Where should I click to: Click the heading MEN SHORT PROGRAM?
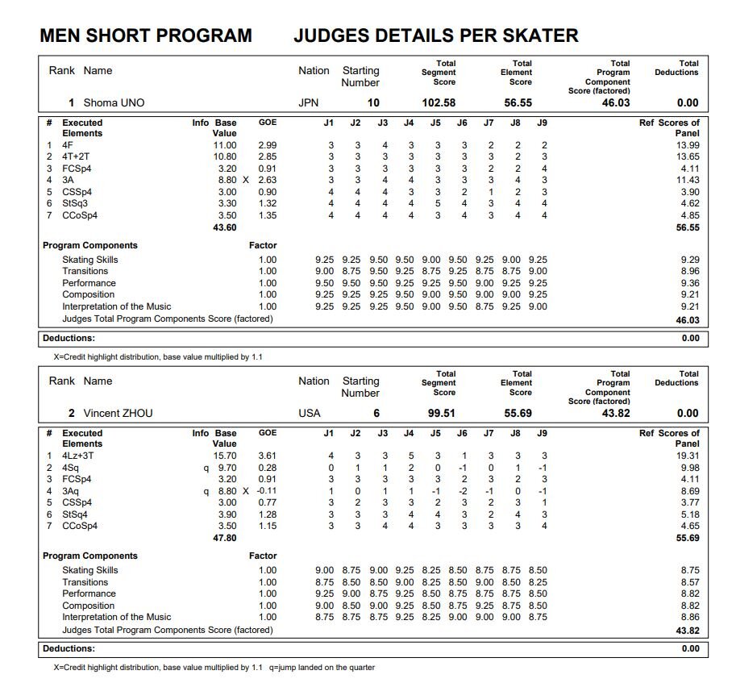[x=145, y=35]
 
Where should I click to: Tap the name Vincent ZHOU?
[x=118, y=413]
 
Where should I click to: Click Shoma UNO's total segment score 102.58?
[x=439, y=102]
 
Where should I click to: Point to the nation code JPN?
[x=309, y=102]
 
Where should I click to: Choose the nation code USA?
[x=310, y=413]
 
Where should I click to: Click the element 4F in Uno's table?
[x=68, y=144]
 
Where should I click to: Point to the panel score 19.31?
[x=687, y=456]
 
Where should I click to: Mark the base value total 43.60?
[x=224, y=228]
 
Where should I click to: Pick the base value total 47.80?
[x=224, y=539]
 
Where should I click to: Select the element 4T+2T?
[x=77, y=156]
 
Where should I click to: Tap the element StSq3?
[x=75, y=204]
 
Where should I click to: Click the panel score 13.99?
[x=687, y=144]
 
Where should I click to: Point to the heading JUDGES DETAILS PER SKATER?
[x=435, y=35]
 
